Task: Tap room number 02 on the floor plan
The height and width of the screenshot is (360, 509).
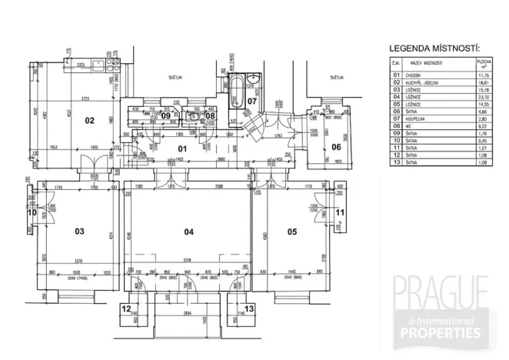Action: coord(89,119)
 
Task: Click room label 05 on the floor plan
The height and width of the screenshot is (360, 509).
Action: coord(291,231)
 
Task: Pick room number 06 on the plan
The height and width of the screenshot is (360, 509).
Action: coord(336,147)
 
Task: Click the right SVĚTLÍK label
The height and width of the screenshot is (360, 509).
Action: coord(336,77)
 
